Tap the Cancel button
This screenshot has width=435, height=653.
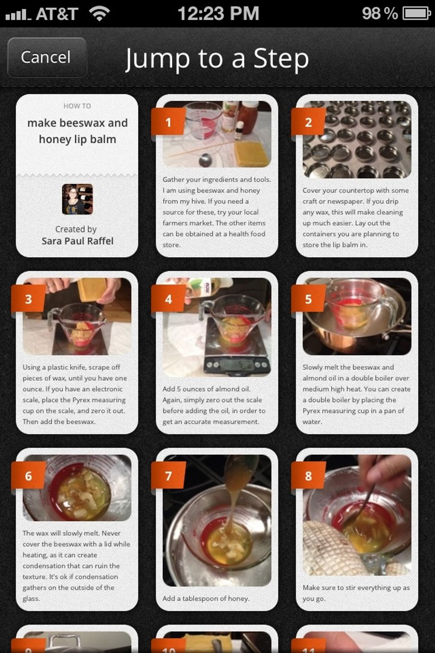pos(46,57)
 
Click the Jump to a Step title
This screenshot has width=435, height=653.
pos(217,59)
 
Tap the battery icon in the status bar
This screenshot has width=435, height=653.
pos(416,13)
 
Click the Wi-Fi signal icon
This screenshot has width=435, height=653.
pos(99,14)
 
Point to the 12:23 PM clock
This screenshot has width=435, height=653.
pos(218,13)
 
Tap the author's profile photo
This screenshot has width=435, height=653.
pos(77,199)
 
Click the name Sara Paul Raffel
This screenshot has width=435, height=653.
pos(77,241)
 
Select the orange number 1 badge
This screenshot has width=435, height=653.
pos(168,122)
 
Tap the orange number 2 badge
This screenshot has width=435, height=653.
pos(308,122)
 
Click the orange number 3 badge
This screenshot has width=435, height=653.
pos(28,299)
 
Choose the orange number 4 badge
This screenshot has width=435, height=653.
pos(168,299)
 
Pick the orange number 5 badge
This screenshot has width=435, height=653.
pos(308,299)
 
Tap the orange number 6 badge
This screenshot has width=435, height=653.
pos(28,476)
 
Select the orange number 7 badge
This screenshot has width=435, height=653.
pos(168,476)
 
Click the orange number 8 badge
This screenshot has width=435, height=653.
pos(308,476)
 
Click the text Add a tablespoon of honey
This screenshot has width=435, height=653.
pos(206,598)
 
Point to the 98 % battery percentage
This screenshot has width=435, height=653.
pos(380,13)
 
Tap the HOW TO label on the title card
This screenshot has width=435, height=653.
pos(77,106)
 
